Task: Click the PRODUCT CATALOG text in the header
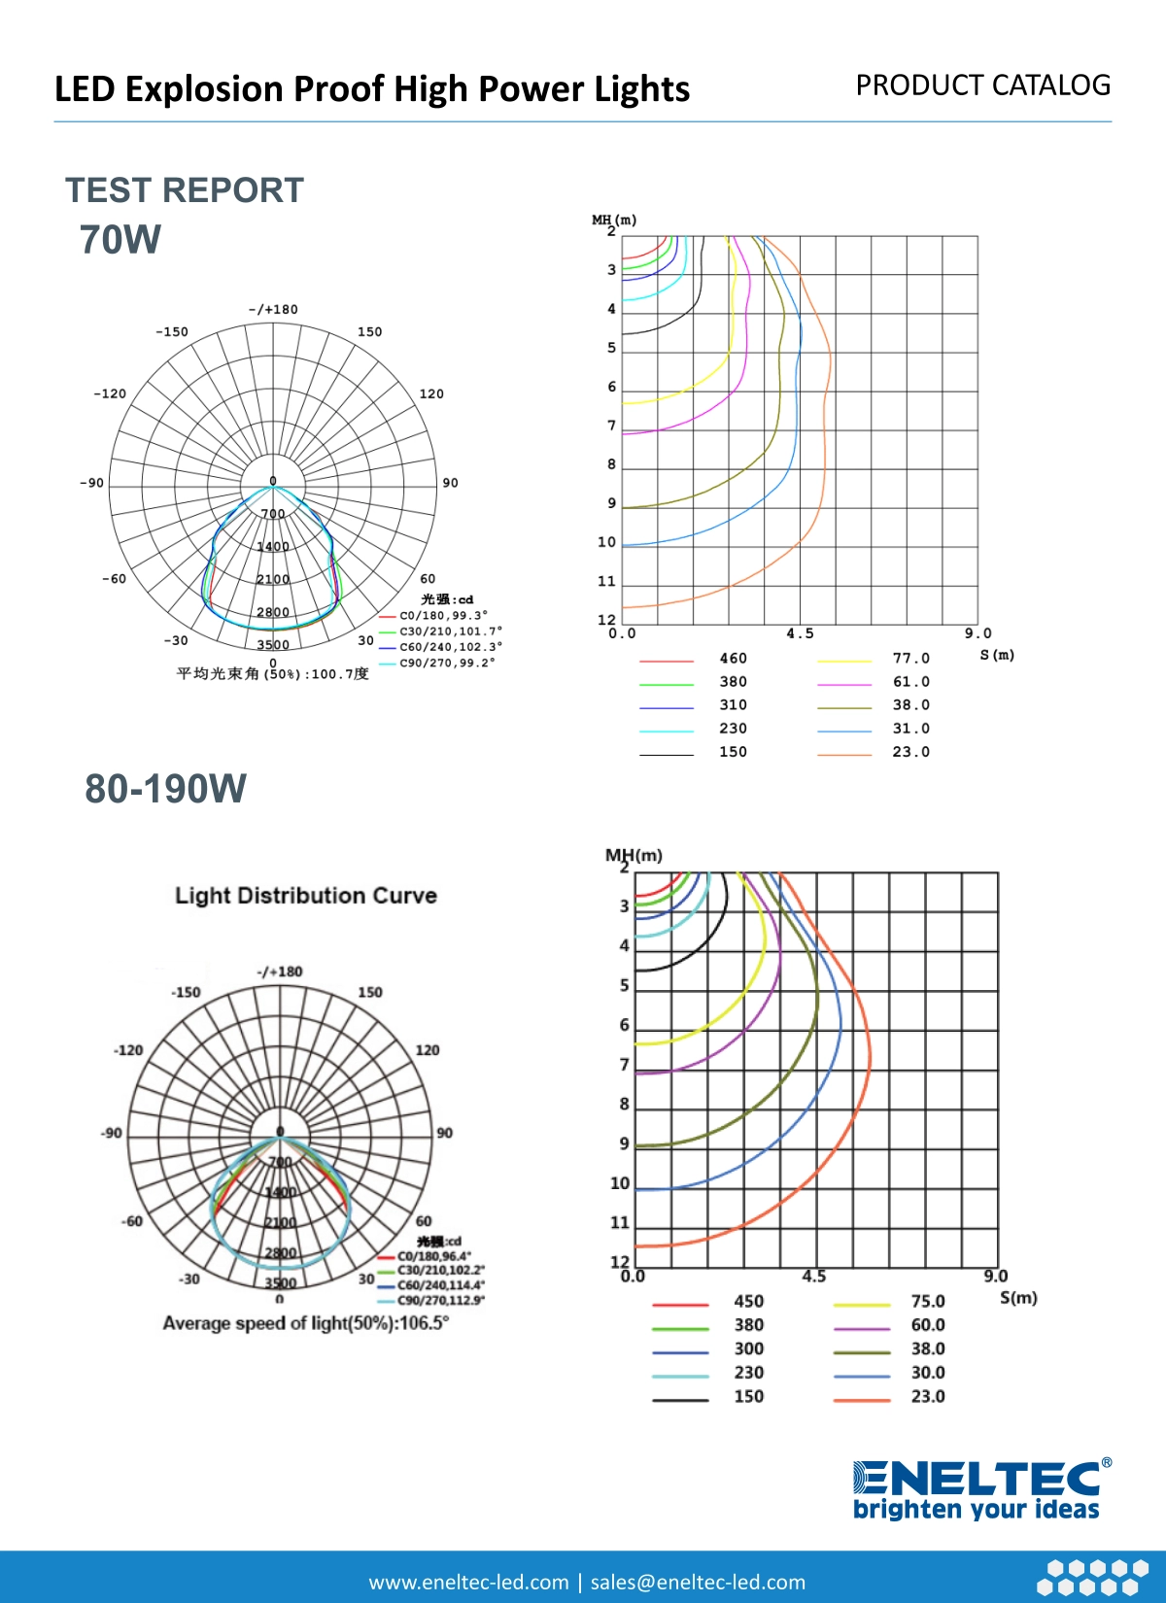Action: click(x=982, y=85)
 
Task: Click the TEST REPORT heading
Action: click(x=185, y=190)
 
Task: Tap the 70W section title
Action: click(x=120, y=240)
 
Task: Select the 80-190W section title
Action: click(x=166, y=789)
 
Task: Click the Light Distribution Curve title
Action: click(x=306, y=896)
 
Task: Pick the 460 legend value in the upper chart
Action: click(x=734, y=659)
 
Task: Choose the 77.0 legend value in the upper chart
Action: click(x=911, y=659)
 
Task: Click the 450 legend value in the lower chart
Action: click(x=749, y=1302)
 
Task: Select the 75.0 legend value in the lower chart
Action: click(x=928, y=1302)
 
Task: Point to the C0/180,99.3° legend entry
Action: click(x=444, y=616)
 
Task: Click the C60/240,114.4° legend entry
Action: click(x=440, y=1285)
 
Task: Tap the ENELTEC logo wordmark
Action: click(x=977, y=1479)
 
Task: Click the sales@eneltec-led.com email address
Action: click(x=698, y=1583)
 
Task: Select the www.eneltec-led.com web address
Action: click(x=468, y=1583)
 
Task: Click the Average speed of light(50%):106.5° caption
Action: click(x=306, y=1323)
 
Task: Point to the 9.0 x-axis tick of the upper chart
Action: click(x=978, y=633)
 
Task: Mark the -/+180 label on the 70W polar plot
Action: click(x=273, y=310)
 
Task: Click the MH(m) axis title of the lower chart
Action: click(x=634, y=856)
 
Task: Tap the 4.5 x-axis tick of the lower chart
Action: click(x=814, y=1277)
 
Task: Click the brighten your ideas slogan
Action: click(x=977, y=1510)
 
